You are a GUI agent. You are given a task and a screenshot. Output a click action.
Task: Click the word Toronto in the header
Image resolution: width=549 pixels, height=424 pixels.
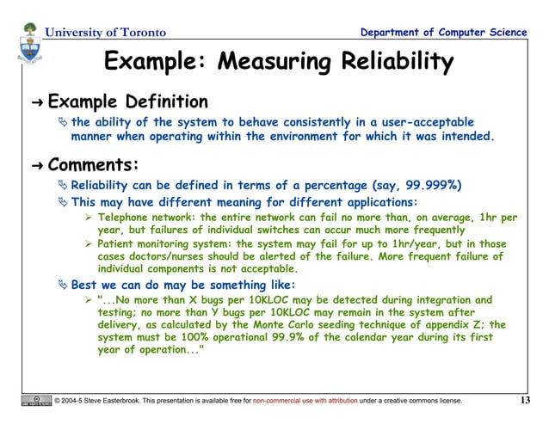click(x=139, y=33)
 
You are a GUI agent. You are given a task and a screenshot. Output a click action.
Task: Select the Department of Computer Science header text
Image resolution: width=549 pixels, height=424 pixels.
click(x=444, y=33)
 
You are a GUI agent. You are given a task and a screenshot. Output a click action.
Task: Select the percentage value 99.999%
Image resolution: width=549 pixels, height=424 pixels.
click(x=437, y=184)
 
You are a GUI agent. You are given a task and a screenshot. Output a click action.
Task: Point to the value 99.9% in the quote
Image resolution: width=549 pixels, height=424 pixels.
click(x=301, y=338)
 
